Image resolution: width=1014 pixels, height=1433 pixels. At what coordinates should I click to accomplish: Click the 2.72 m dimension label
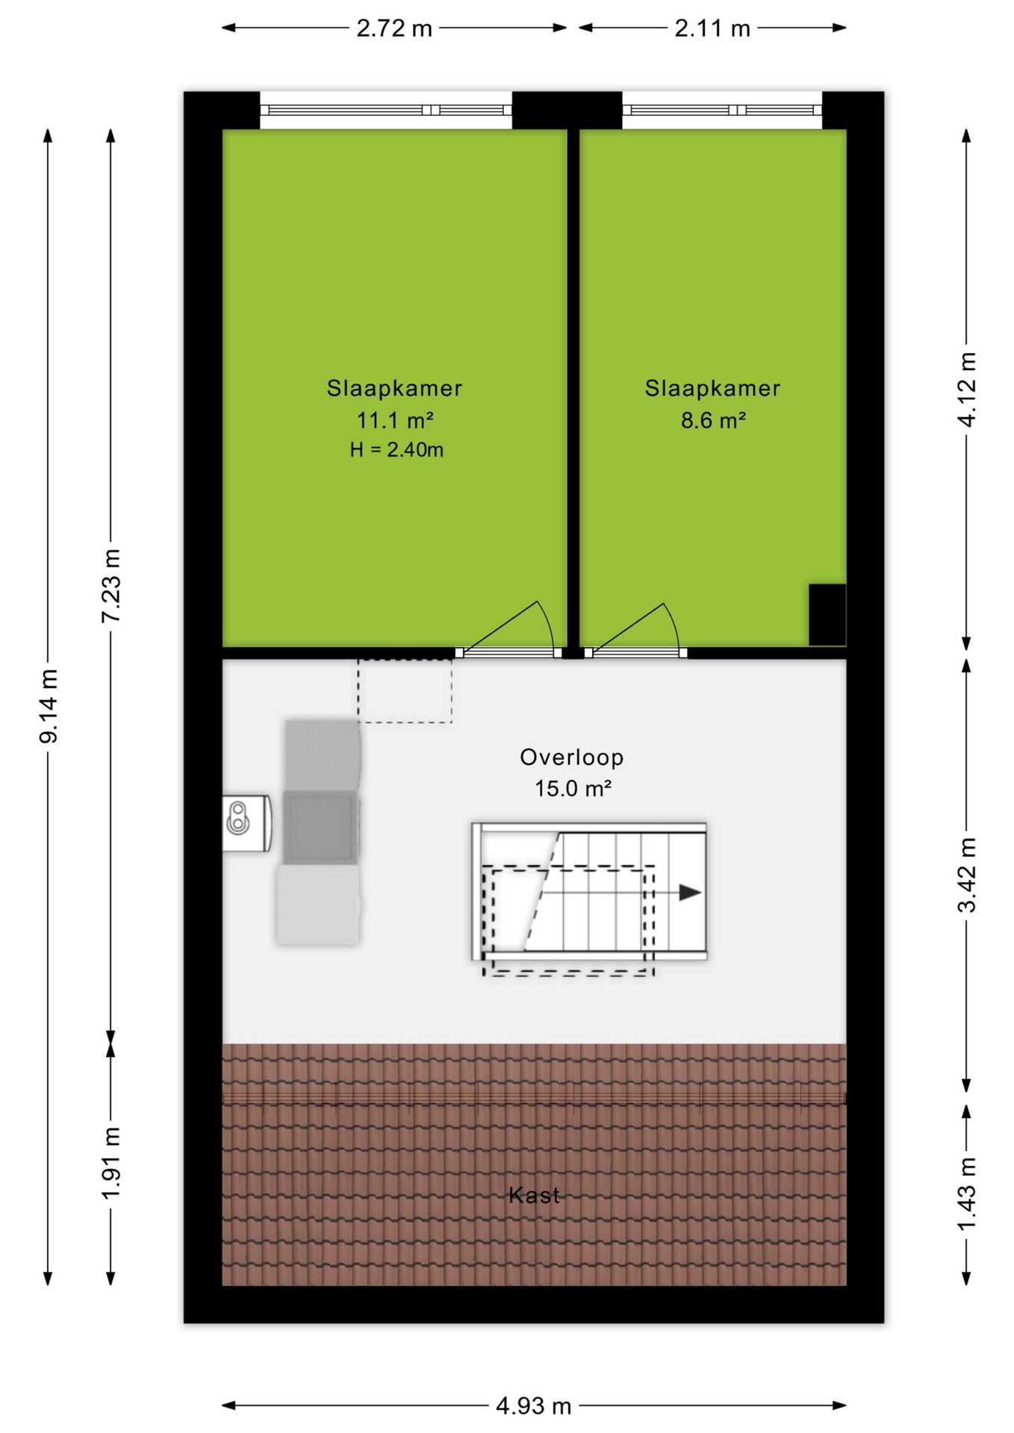click(x=394, y=28)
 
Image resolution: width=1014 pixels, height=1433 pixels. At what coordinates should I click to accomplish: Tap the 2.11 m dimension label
click(x=712, y=28)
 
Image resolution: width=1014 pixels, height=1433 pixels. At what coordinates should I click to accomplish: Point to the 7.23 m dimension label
click(x=111, y=586)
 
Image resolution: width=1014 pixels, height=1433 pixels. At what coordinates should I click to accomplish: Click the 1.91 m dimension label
click(x=111, y=1164)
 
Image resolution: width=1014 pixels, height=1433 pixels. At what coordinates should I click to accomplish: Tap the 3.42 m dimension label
click(x=967, y=875)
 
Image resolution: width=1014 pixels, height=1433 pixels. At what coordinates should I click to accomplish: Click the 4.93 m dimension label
click(x=534, y=1406)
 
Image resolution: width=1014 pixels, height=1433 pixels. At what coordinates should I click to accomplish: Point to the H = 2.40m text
click(x=396, y=449)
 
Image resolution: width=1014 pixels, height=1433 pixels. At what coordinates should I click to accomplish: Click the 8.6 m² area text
click(x=713, y=420)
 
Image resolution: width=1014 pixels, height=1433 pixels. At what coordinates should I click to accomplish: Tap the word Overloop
click(x=572, y=757)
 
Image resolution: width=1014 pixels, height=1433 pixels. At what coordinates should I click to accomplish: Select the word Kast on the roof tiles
click(x=534, y=1195)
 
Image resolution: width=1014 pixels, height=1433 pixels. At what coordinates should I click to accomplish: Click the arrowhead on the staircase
click(x=690, y=893)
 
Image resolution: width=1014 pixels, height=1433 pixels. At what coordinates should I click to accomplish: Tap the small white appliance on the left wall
click(x=247, y=823)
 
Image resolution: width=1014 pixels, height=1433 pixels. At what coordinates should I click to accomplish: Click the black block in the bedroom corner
click(x=827, y=614)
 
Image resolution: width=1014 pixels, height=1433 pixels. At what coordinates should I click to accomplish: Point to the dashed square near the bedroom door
click(x=405, y=690)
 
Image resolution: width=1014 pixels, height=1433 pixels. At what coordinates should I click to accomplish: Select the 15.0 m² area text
click(x=573, y=788)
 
